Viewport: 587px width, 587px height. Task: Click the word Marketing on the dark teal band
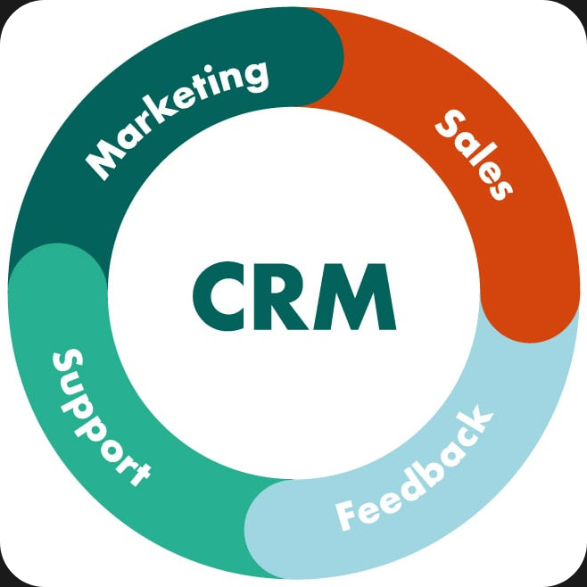tap(177, 120)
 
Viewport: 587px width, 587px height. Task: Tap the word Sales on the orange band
tap(474, 154)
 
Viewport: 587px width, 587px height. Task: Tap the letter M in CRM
tap(355, 296)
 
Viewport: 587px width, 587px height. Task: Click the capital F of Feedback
tap(347, 515)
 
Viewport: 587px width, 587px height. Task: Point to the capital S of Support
tap(68, 362)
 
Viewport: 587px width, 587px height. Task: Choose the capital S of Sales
tap(451, 125)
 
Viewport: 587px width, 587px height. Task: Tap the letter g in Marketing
tap(253, 78)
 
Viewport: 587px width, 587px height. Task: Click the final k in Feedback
tap(477, 420)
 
